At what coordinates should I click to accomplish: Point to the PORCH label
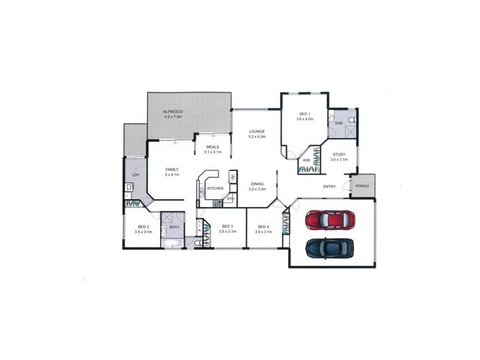pyautogui.click(x=362, y=186)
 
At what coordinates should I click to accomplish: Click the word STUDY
pyautogui.click(x=339, y=154)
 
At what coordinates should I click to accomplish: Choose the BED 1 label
pyautogui.click(x=305, y=114)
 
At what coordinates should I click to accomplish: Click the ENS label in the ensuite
pyautogui.click(x=338, y=124)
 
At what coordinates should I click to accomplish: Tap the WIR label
pyautogui.click(x=306, y=160)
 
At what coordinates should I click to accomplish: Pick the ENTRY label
pyautogui.click(x=329, y=187)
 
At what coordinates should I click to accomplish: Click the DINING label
pyautogui.click(x=257, y=184)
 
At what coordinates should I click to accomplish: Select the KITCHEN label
pyautogui.click(x=215, y=188)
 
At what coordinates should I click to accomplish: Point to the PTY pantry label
pyautogui.click(x=230, y=199)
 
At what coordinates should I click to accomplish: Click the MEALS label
pyautogui.click(x=212, y=147)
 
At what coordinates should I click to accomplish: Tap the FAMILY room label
pyautogui.click(x=172, y=170)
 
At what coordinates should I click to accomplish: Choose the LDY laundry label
pyautogui.click(x=136, y=175)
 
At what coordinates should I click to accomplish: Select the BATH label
pyautogui.click(x=174, y=227)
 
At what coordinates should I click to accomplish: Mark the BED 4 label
pyautogui.click(x=263, y=226)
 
